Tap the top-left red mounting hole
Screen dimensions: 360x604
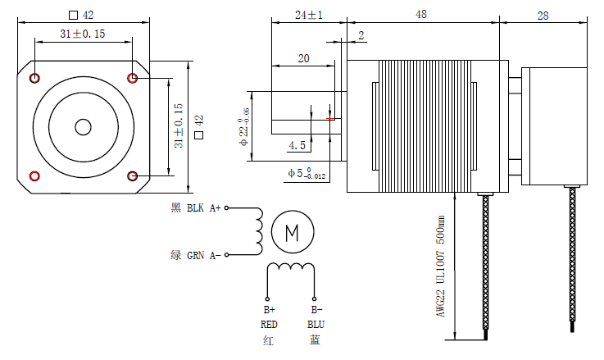35,78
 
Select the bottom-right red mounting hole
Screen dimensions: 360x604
134,175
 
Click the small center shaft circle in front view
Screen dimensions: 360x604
84,127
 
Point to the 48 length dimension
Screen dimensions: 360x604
420,14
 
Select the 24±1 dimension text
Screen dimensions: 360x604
309,14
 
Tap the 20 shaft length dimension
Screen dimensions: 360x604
303,58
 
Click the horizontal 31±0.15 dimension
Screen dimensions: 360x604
84,33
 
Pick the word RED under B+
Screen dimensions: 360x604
270,323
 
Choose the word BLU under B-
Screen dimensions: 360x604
316,323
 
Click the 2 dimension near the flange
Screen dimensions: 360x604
361,34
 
